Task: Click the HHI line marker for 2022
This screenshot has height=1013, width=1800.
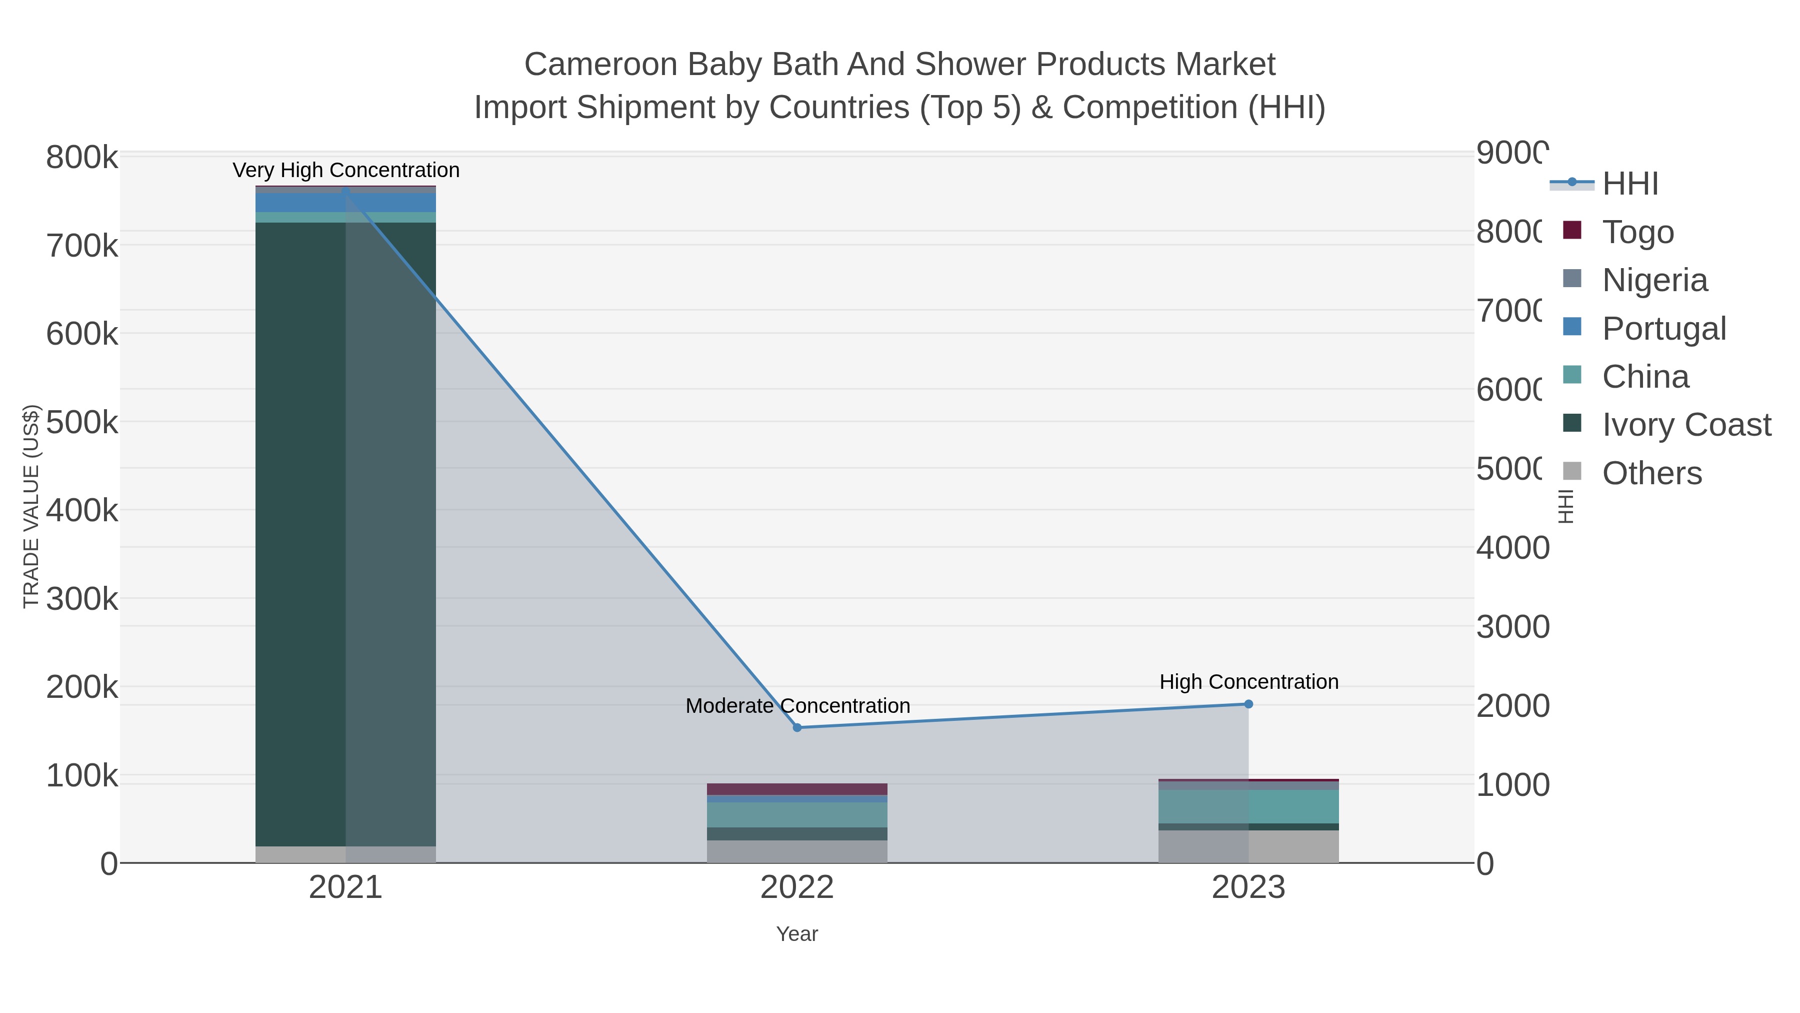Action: (797, 728)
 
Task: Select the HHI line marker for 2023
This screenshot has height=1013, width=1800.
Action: (1248, 704)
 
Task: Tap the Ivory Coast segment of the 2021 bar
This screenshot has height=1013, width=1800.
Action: (300, 531)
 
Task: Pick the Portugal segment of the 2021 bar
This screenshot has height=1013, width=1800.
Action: (300, 202)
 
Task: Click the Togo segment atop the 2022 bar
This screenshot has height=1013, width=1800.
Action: (797, 789)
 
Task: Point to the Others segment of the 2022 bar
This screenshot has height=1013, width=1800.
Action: (797, 851)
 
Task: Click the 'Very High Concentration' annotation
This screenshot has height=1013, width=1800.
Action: (346, 171)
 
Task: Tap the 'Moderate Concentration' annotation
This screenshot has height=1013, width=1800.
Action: (797, 706)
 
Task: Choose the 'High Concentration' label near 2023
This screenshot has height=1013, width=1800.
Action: (1248, 682)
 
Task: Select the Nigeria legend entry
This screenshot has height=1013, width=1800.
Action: (1654, 280)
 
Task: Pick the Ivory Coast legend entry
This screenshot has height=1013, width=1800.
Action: (1685, 425)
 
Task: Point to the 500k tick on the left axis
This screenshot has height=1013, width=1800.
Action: (82, 422)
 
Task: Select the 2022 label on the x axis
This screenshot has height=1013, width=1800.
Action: (797, 888)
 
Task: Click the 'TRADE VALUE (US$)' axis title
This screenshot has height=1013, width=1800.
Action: (31, 506)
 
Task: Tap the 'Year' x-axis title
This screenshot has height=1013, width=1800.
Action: (797, 934)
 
